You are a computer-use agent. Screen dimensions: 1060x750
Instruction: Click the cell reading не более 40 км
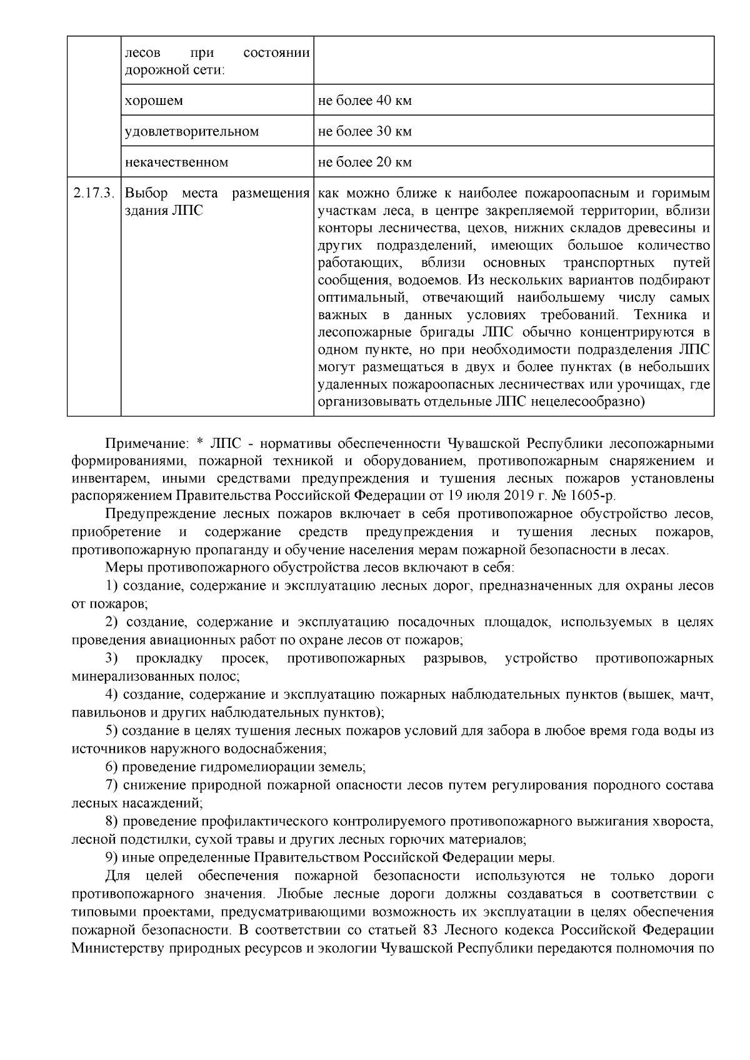(x=365, y=101)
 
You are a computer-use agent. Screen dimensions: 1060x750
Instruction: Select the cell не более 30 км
(x=365, y=132)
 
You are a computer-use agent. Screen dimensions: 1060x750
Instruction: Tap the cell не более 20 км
(x=365, y=162)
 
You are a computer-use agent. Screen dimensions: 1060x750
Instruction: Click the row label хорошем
(x=154, y=101)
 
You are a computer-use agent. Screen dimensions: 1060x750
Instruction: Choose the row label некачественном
(x=177, y=162)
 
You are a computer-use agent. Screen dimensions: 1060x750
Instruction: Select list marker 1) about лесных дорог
(x=112, y=587)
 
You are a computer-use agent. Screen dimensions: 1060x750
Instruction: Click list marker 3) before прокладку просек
(x=112, y=658)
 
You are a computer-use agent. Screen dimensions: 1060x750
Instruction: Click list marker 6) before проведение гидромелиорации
(x=112, y=766)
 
